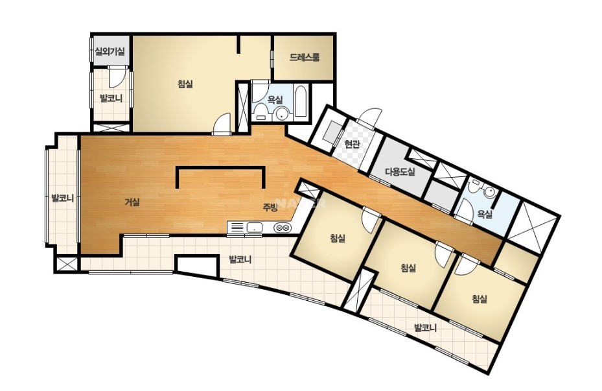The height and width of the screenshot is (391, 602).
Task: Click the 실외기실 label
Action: point(110,51)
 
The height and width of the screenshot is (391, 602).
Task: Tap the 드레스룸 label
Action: point(305,58)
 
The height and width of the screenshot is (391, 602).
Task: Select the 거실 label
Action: point(132,202)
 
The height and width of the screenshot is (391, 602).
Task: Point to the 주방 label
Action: point(270,207)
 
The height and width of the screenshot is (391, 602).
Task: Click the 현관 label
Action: point(352,145)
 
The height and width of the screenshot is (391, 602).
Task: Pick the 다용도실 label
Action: point(400,171)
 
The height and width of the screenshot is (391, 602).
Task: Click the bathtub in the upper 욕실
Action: point(300,102)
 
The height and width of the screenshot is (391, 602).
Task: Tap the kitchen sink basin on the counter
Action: point(254,228)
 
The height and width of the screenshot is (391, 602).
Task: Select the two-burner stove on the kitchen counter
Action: point(282,228)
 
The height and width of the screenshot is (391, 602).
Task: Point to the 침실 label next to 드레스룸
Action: point(185,84)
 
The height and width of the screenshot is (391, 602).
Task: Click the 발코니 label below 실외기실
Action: point(111,99)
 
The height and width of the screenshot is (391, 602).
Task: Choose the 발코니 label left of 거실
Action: point(62,198)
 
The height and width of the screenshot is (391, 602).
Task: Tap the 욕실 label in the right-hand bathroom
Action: point(485,215)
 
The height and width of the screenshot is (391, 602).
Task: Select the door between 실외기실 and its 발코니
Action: point(116,76)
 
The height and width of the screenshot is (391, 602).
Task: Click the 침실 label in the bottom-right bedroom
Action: point(479,299)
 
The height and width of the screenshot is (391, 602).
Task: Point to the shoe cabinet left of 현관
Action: point(332,132)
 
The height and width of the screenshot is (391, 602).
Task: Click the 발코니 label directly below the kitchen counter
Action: point(240,259)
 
